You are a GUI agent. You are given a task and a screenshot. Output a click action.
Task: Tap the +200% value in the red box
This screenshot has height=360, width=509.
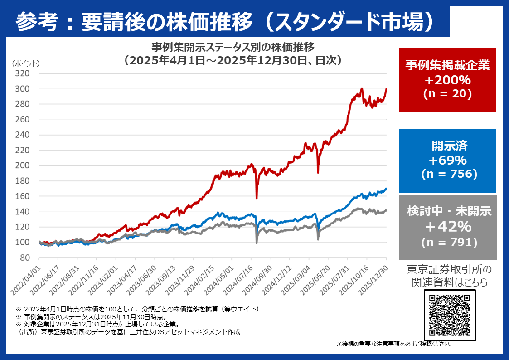447,80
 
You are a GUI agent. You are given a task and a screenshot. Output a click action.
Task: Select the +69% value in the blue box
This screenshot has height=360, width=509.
447,161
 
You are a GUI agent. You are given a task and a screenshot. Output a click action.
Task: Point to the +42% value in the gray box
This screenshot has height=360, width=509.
447,226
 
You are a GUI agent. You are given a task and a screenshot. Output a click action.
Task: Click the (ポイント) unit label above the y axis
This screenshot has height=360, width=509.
26,63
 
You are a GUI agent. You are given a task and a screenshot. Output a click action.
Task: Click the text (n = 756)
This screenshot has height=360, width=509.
447,174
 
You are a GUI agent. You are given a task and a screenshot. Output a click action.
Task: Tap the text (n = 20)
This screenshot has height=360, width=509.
447,94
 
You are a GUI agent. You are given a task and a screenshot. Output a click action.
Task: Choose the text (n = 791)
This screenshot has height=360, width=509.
447,242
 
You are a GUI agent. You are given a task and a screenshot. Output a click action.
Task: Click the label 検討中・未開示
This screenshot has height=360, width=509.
447,211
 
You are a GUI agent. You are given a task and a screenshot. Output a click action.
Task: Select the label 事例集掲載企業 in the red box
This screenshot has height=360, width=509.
447,65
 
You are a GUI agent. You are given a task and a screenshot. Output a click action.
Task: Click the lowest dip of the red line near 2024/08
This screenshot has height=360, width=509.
257,198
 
